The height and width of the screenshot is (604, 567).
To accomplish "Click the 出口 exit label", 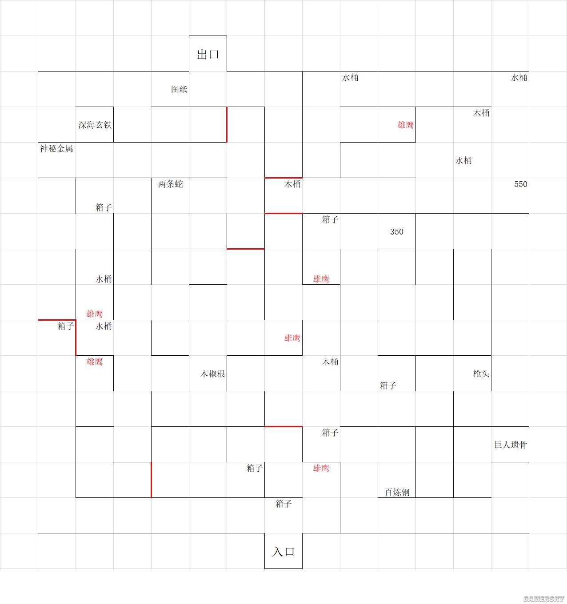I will tap(208, 55).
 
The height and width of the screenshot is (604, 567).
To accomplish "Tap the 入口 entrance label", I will tap(283, 552).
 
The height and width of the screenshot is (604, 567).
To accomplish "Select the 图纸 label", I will tap(179, 90).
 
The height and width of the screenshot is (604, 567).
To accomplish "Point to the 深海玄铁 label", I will tap(95, 125).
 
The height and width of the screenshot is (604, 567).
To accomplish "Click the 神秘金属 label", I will tap(56, 149).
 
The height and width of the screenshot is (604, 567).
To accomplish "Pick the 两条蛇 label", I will tap(170, 184).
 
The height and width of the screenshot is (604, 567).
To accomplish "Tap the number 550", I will tap(520, 184).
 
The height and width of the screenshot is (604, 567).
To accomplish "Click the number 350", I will tap(396, 232).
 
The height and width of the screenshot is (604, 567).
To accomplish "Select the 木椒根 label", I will tap(212, 374).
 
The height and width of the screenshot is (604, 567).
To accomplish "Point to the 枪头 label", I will tap(481, 374).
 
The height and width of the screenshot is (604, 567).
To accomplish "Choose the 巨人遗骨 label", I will tap(510, 445).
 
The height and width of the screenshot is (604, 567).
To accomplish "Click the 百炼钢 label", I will tap(397, 493).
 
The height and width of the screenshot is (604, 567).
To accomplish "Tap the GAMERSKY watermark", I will tap(543, 599).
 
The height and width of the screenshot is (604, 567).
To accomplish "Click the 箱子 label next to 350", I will tap(330, 219).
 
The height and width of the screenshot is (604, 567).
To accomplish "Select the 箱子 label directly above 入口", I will tap(283, 504).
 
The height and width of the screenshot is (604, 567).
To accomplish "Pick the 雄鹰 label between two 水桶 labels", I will tap(94, 314).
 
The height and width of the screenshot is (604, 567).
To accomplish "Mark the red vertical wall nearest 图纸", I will tap(227, 124).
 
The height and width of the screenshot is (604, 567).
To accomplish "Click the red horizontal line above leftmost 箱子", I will tap(56, 320).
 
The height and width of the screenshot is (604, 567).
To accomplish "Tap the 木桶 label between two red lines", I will tap(292, 184).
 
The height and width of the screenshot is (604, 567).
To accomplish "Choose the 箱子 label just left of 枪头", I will tap(388, 385).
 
